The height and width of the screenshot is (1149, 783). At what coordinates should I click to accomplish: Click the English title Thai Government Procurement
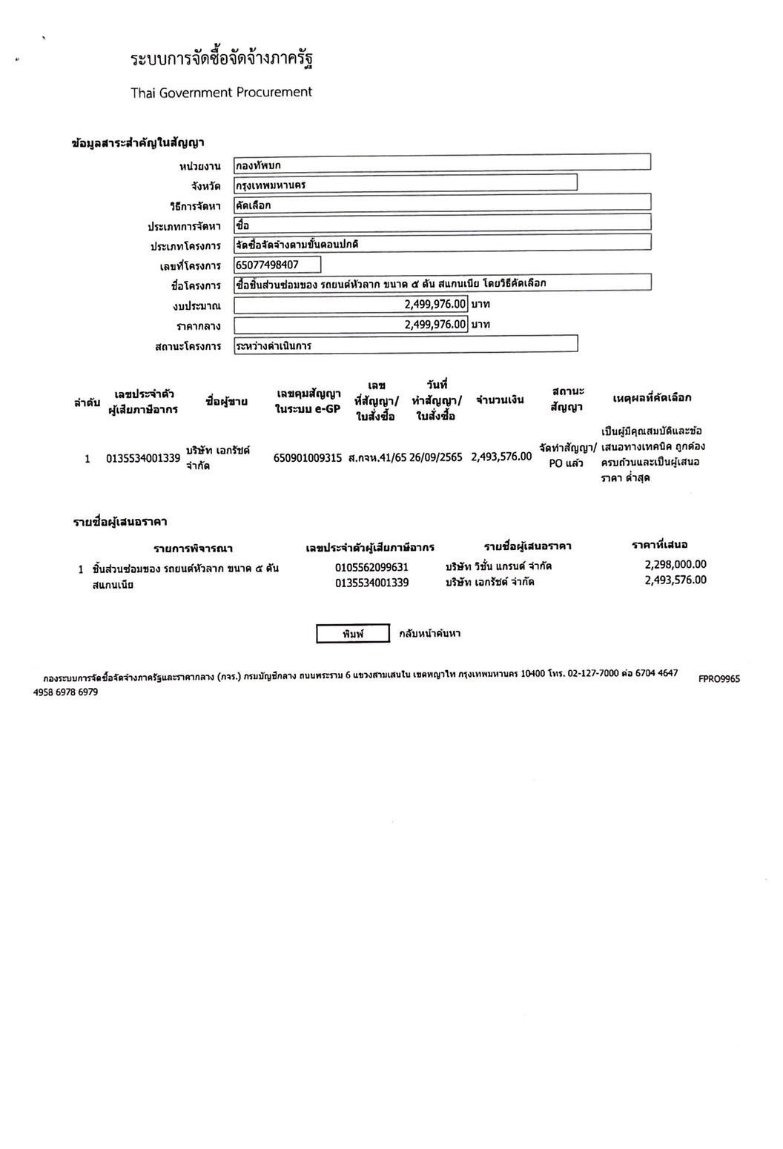221,93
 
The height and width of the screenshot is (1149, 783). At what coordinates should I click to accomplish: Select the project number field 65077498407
277,265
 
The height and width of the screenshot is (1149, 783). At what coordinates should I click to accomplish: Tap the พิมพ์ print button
353,634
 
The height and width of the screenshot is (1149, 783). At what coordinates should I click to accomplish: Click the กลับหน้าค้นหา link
429,634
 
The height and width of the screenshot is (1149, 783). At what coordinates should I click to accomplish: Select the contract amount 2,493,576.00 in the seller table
501,457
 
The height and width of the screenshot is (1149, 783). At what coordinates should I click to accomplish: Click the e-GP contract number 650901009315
308,458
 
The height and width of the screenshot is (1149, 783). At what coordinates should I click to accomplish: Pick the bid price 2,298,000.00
675,564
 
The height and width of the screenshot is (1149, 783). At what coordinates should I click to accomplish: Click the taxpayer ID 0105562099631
371,567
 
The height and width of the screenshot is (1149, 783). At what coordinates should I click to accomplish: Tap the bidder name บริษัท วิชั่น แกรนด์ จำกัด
498,566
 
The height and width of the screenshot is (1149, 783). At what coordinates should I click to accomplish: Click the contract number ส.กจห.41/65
377,457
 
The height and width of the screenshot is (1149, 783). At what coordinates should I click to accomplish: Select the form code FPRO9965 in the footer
718,678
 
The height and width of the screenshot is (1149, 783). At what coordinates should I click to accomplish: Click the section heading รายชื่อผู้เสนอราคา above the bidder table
119,523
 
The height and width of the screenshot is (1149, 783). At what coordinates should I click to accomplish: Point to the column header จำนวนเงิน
500,400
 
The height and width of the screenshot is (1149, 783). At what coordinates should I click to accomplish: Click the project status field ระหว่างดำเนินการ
405,345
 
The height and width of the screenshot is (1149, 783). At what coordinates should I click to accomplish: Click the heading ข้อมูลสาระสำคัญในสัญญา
138,143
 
